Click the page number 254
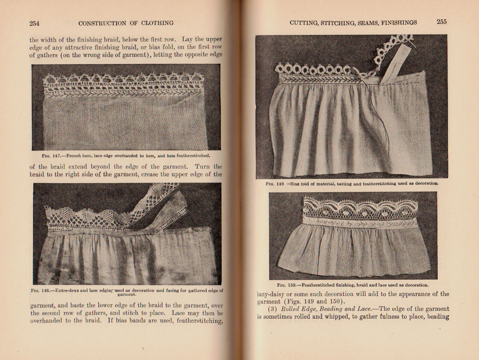(34, 23)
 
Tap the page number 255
(442, 22)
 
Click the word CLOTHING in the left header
(157, 23)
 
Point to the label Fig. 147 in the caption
(51, 156)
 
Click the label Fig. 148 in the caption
(40, 291)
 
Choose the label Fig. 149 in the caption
(275, 184)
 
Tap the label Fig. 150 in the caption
(286, 285)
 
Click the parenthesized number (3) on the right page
(273, 309)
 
